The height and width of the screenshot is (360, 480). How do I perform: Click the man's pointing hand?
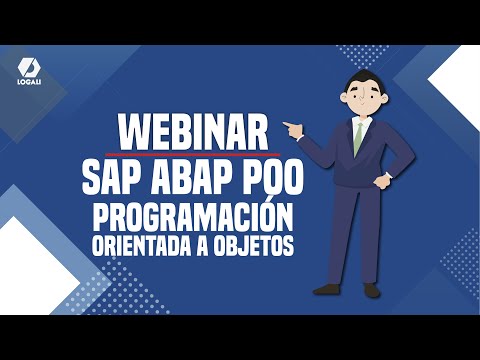coord(290,127)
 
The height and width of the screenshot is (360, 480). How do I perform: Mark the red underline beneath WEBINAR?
coord(195,156)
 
